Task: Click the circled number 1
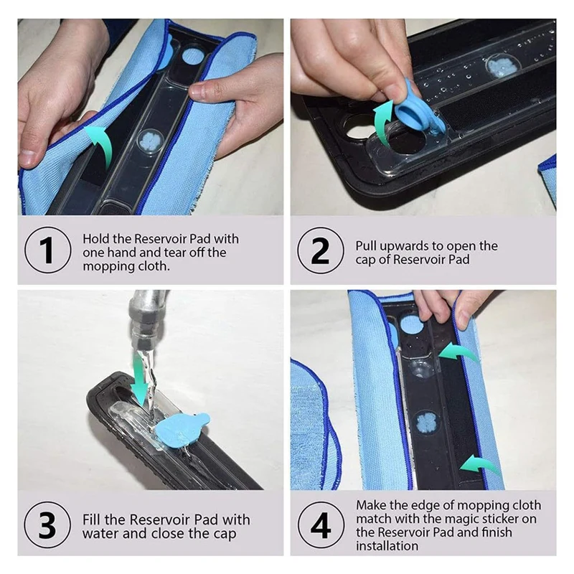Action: point(48,250)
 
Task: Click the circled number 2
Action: point(321,250)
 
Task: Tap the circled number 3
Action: point(48,525)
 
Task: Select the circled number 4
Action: point(321,525)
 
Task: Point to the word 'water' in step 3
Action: point(100,534)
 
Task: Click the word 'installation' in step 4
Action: point(387,546)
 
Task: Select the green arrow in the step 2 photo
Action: point(383,121)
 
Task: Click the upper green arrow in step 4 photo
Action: point(458,352)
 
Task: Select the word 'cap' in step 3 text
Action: point(225,534)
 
